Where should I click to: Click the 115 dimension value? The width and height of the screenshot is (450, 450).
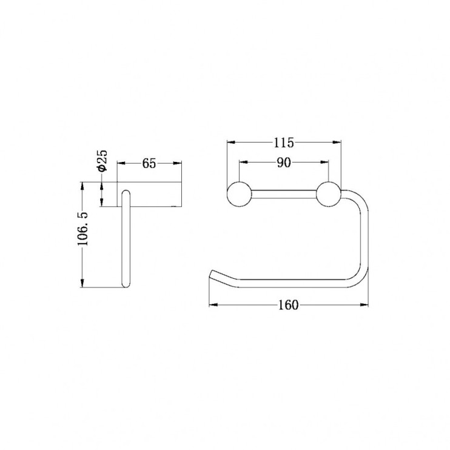[x=284, y=143]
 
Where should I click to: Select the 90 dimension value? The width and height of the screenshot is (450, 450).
[x=284, y=163]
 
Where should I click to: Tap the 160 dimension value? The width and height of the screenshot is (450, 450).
[x=289, y=305]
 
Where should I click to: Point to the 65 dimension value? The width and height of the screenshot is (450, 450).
[x=149, y=164]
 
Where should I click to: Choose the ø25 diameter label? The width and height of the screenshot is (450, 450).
[x=102, y=161]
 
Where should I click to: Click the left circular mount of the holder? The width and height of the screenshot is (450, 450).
[x=239, y=194]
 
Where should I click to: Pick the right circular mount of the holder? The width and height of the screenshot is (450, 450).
[x=328, y=194]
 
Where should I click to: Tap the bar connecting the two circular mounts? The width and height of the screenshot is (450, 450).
[x=284, y=194]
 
